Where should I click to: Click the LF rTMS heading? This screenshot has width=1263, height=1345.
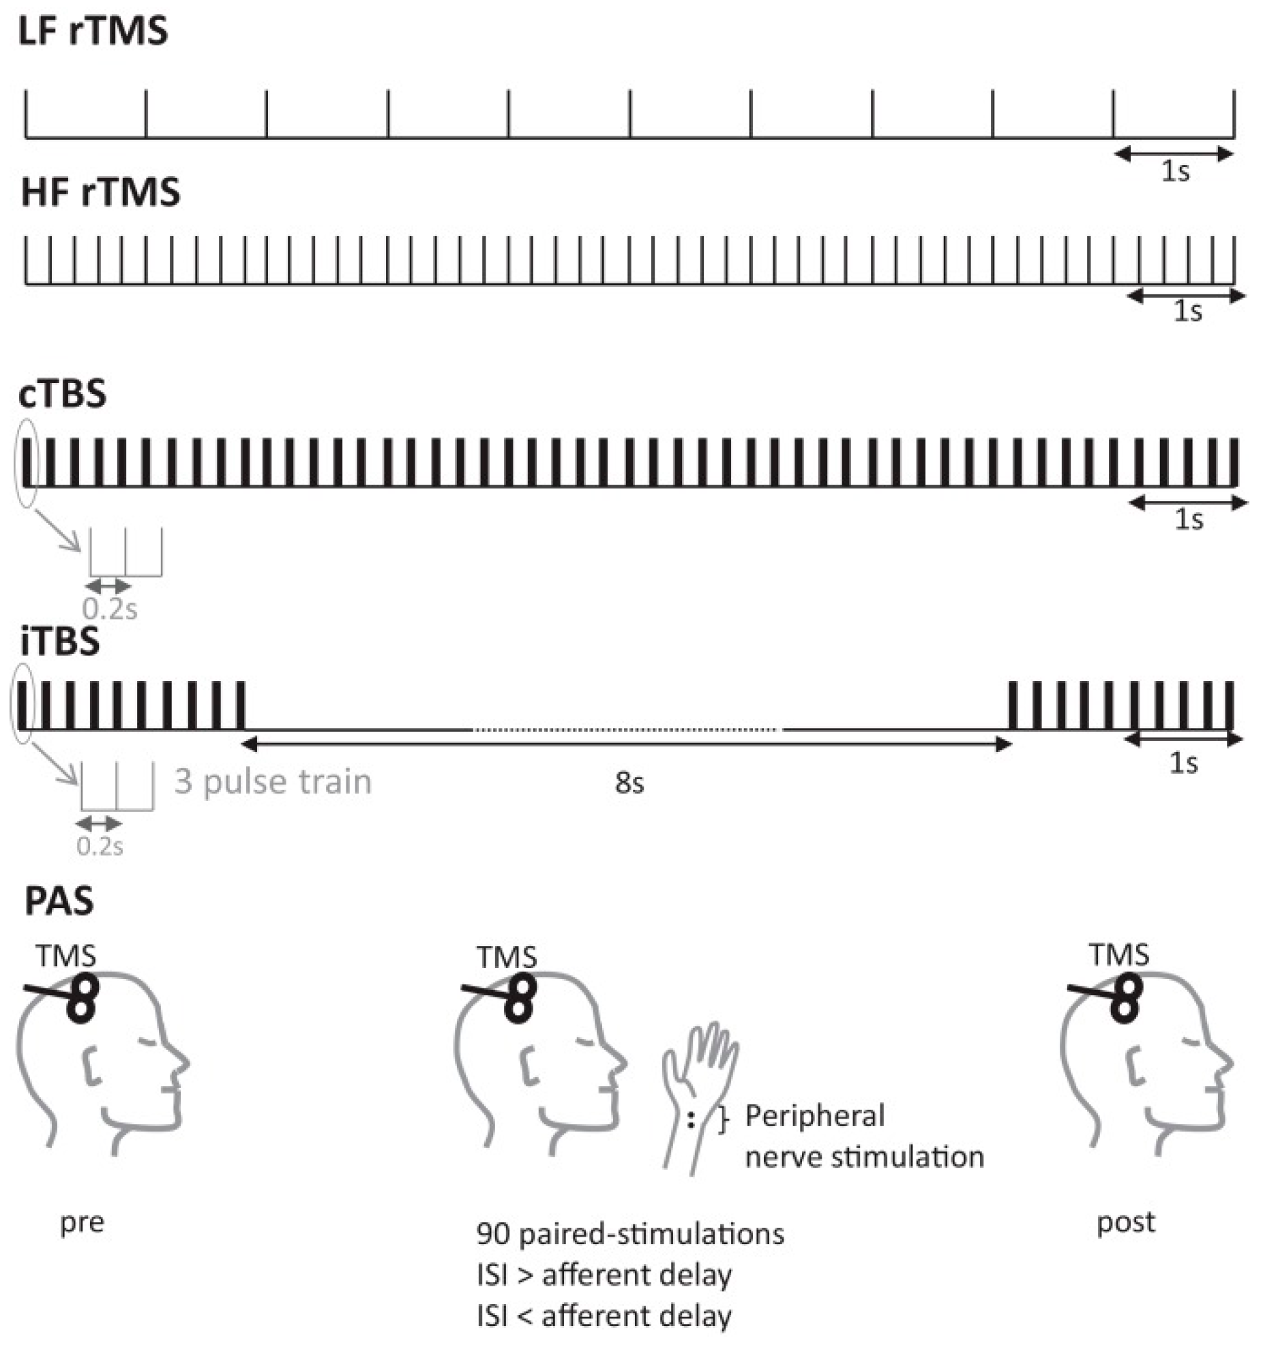pyautogui.click(x=93, y=31)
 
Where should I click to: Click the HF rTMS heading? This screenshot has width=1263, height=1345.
pyautogui.click(x=100, y=193)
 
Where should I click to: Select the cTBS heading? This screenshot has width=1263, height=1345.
pyautogui.click(x=63, y=394)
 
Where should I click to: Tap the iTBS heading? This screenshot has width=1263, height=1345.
pyautogui.click(x=60, y=641)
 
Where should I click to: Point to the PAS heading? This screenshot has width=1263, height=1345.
pyautogui.click(x=59, y=901)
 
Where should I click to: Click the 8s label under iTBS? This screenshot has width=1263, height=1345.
pyautogui.click(x=629, y=783)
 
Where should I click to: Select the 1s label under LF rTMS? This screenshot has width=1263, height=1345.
pyautogui.click(x=1175, y=172)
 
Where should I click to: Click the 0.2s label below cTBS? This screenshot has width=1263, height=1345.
pyautogui.click(x=110, y=609)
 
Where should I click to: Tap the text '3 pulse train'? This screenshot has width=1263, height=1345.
pyautogui.click(x=273, y=781)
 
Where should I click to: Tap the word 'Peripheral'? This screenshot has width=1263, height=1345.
pyautogui.click(x=815, y=1117)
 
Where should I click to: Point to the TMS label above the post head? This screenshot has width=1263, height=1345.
pyautogui.click(x=1119, y=955)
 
